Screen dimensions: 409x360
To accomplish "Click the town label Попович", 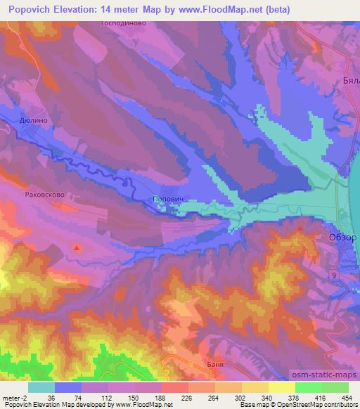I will [x=168, y=200].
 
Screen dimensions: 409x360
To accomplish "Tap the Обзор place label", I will [x=344, y=238].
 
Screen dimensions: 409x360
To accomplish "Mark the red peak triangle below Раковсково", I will [x=77, y=247].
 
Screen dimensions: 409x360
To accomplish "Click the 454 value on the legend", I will [x=347, y=397].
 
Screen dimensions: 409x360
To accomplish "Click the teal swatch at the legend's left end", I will [x=41, y=387].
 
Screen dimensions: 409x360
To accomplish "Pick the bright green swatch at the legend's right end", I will [x=335, y=387].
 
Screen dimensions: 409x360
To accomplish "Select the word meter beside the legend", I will [x=12, y=397].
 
